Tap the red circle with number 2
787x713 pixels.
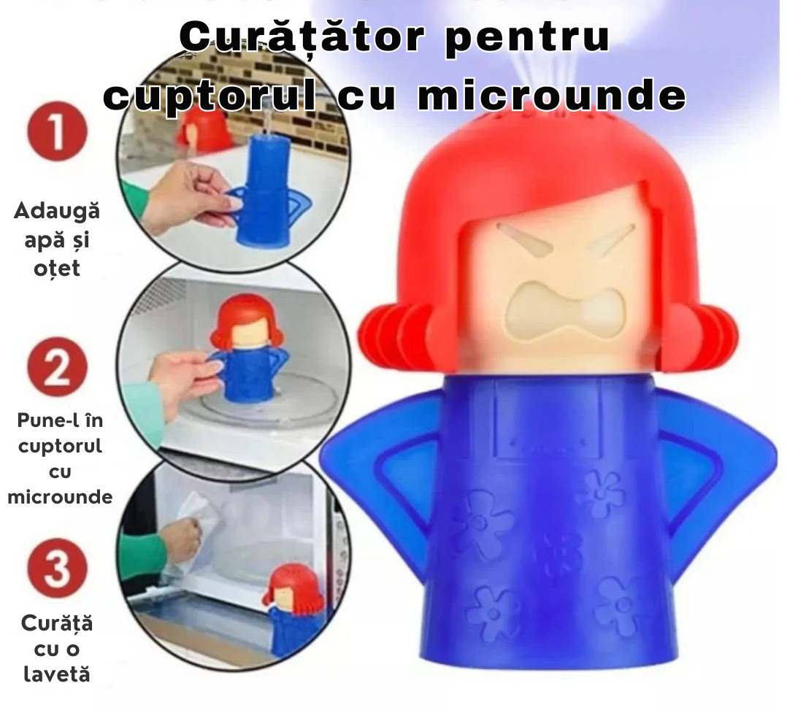(x=57, y=368)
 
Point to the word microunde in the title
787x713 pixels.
(x=553, y=96)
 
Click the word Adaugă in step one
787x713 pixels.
(x=57, y=212)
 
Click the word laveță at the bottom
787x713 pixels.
(x=57, y=674)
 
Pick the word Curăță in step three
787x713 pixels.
(x=57, y=624)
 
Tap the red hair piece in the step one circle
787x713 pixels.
(x=204, y=128)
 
